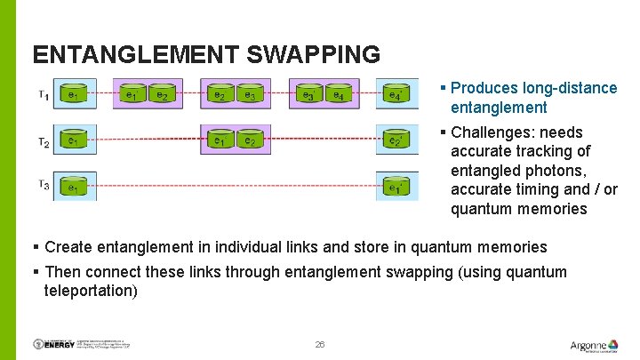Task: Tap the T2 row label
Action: [43, 141]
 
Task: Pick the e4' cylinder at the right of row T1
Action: [395, 94]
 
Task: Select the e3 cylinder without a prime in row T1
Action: [251, 94]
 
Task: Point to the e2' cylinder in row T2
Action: [395, 140]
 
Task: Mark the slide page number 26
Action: [320, 344]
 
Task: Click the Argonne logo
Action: [589, 345]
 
